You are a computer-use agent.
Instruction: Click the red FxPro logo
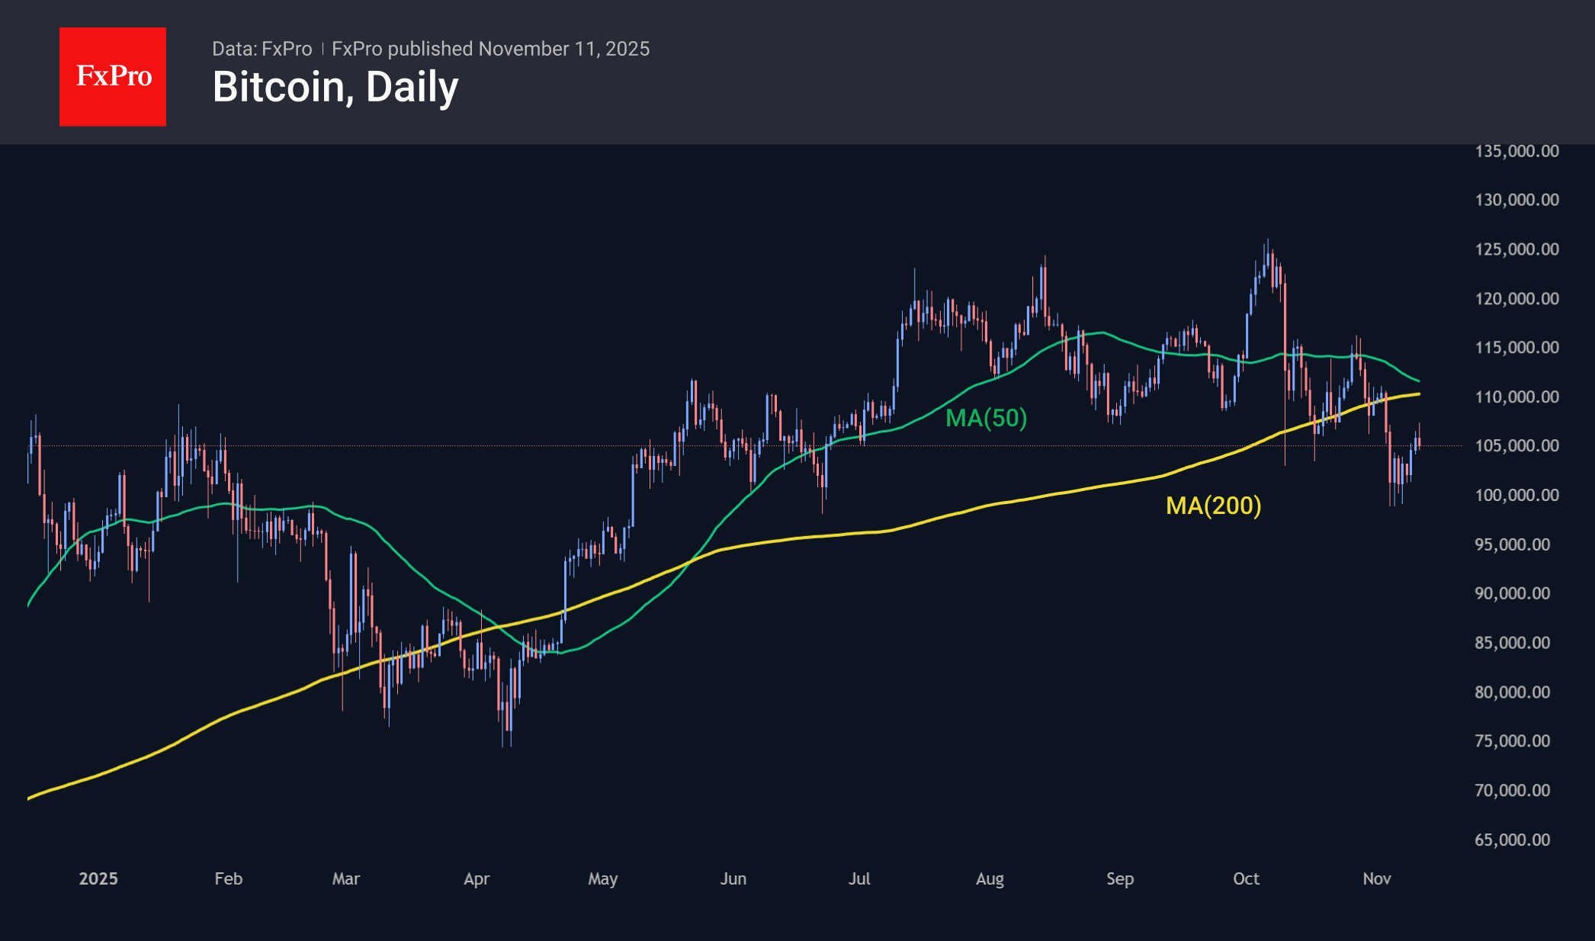coord(113,76)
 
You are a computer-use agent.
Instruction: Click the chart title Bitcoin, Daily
coord(335,87)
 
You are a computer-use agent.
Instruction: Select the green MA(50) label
coord(986,418)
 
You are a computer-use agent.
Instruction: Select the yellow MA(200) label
coord(1213,506)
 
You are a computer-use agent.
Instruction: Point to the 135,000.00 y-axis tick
coord(1516,151)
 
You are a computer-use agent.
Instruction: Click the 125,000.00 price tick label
coord(1516,249)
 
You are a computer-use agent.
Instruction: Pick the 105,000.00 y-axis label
coord(1516,446)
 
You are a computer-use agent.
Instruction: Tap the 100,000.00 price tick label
coord(1516,496)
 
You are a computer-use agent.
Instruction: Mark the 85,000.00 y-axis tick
coord(1512,643)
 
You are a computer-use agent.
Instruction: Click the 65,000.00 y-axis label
coord(1512,840)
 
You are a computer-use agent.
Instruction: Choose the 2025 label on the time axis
coord(98,878)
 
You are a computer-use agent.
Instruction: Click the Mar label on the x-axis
coord(345,878)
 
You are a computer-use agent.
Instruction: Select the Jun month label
coord(733,878)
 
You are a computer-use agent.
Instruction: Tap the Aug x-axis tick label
coord(990,878)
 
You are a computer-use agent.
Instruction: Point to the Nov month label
coord(1376,878)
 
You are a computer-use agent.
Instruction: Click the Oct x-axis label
coord(1246,878)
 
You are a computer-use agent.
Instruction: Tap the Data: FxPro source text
coord(262,49)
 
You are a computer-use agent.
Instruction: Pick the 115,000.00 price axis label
coord(1516,348)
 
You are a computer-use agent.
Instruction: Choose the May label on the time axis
coord(602,878)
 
